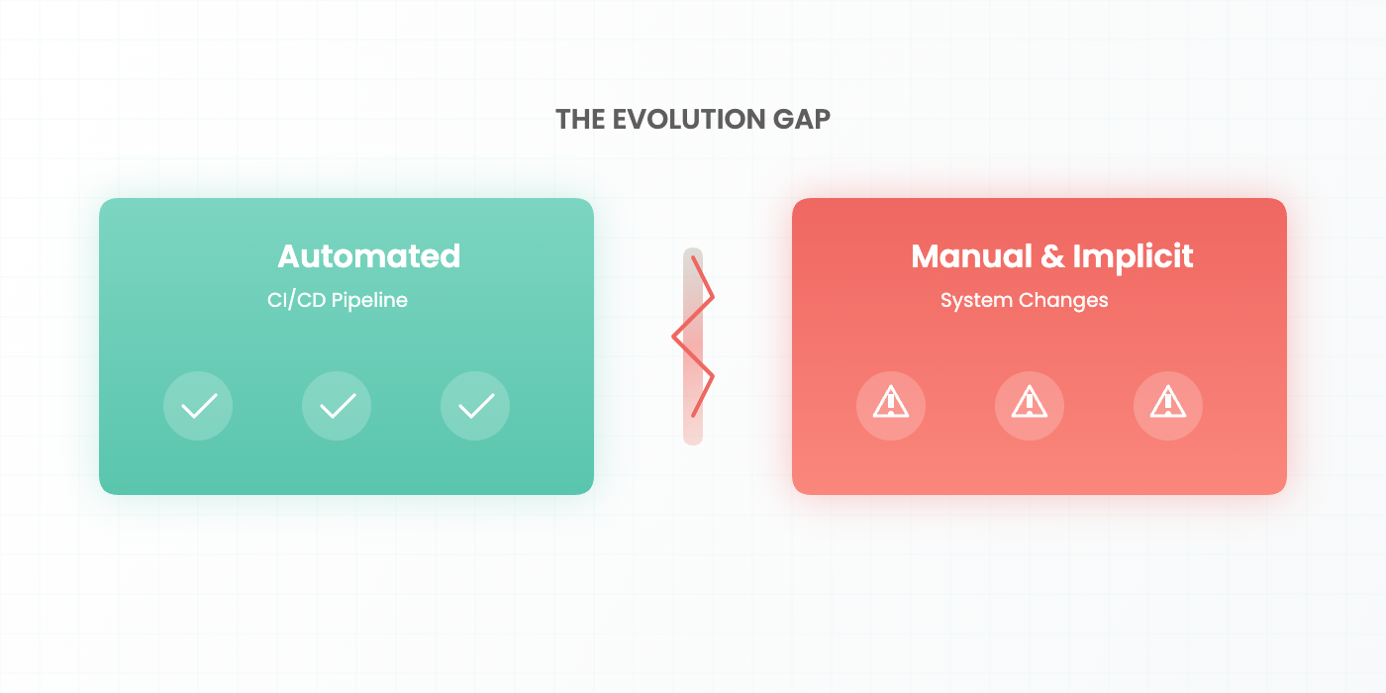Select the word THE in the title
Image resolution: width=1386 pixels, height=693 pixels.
pos(579,119)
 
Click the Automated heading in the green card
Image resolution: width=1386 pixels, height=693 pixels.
pos(368,256)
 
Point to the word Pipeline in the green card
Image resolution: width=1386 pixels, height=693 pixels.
pos(369,300)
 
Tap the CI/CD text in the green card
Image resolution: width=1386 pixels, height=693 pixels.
pos(296,300)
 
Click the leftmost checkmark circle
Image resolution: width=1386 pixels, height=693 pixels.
pos(198,406)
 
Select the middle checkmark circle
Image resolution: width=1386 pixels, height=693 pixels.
pos(337,406)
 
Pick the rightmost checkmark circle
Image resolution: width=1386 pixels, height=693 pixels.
pos(475,406)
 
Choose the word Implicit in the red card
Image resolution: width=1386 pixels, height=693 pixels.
pos(1133,256)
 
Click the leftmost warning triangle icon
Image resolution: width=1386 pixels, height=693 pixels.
pos(891,405)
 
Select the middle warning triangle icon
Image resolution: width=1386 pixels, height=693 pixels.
pos(1030,405)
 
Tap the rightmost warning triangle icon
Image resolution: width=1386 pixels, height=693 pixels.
pos(1168,405)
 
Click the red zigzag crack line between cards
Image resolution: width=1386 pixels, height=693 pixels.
pos(693,337)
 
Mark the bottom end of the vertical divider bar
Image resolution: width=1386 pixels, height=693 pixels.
pos(693,440)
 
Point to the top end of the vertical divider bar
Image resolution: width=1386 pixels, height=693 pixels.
pos(693,252)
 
